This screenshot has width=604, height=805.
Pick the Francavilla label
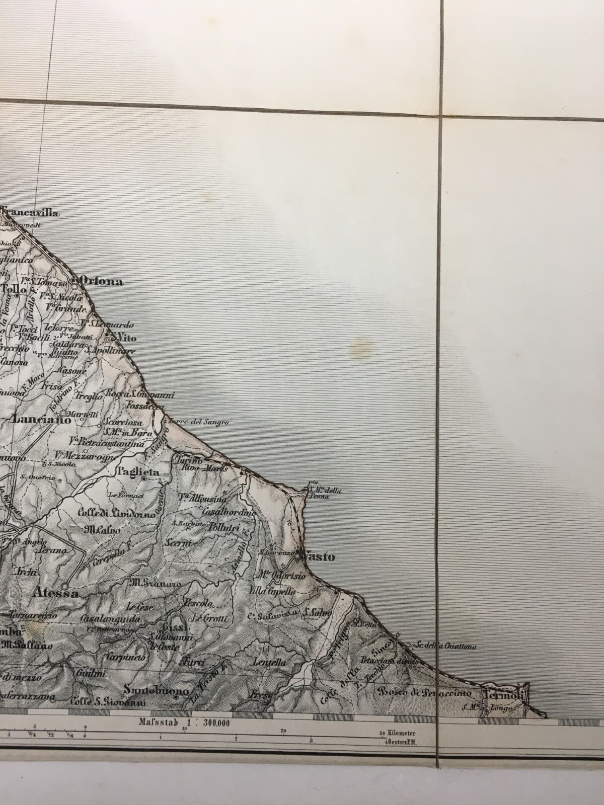[31, 213]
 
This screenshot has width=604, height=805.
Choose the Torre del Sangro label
[200, 423]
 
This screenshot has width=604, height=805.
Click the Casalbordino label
[229, 512]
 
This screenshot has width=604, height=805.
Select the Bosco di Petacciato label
[426, 693]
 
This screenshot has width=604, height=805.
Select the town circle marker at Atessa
[65, 586]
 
